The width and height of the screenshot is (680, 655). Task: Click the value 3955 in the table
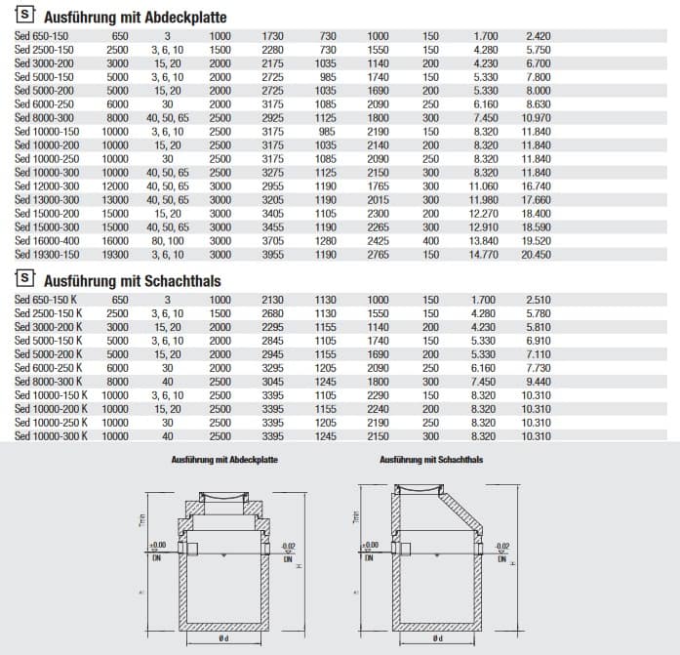(x=272, y=254)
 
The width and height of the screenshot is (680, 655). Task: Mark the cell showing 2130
(x=272, y=300)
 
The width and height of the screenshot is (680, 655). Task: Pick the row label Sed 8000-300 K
(x=49, y=382)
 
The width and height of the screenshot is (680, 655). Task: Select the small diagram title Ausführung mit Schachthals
(x=432, y=458)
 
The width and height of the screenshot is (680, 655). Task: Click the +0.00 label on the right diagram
(x=368, y=547)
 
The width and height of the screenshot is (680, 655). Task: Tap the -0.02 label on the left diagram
(x=287, y=547)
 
